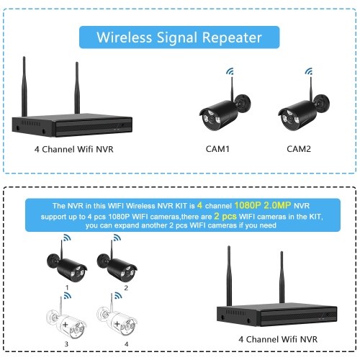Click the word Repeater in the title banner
pyautogui.click(x=232, y=38)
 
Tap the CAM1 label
pyautogui.click(x=217, y=149)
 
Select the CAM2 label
pyautogui.click(x=299, y=149)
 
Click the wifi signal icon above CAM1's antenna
pyautogui.click(x=230, y=71)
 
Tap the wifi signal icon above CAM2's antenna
pyautogui.click(x=309, y=71)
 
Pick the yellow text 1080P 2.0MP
pyautogui.click(x=263, y=205)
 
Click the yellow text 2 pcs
pyautogui.click(x=225, y=216)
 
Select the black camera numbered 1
pyautogui.click(x=67, y=265)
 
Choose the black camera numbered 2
pyautogui.click(x=117, y=265)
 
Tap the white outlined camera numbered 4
pyautogui.click(x=117, y=319)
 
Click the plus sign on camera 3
pyautogui.click(x=65, y=325)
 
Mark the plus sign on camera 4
pyautogui.click(x=117, y=324)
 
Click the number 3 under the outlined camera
pyautogui.click(x=66, y=344)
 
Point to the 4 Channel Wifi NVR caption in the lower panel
pyautogui.click(x=278, y=339)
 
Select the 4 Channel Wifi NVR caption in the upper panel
pyautogui.click(x=73, y=149)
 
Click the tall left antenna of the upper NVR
pyautogui.click(x=24, y=86)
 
